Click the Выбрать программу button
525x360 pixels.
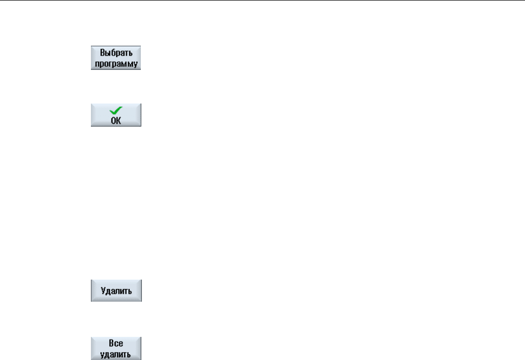[116, 58]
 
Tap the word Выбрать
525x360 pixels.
[116, 53]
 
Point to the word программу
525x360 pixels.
[116, 64]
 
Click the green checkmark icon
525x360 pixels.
[116, 110]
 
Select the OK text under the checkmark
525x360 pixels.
[116, 120]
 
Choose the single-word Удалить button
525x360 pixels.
[116, 290]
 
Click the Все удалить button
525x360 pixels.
[116, 348]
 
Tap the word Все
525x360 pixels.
[116, 343]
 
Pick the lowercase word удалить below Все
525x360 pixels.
[116, 354]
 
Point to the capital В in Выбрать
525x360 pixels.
[102, 53]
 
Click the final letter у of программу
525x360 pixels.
[136, 64]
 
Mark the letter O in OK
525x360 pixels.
[113, 120]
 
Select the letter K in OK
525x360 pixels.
[119, 120]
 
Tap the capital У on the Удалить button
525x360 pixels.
[104, 291]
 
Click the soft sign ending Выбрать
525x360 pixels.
[130, 54]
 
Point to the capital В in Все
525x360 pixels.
[111, 343]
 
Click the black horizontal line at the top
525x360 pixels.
[263, 1]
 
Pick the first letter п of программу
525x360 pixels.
[97, 64]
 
